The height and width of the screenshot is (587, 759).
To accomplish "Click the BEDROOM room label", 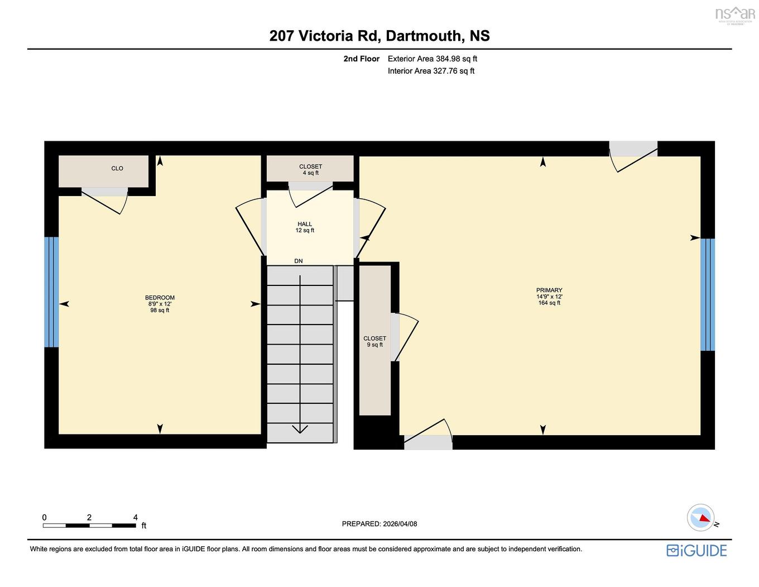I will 160,298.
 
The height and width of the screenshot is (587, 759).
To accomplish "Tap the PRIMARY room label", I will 549,290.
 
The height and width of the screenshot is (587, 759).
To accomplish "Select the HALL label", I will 305,225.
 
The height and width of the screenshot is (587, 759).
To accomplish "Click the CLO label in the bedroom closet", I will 117,169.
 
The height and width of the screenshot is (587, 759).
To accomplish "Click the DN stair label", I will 299,261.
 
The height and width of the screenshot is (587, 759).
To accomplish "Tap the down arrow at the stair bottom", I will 300,429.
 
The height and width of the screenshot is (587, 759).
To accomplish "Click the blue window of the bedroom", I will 51,292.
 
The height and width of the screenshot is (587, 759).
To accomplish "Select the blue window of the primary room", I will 708,294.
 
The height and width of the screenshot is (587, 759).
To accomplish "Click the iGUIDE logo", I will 696,550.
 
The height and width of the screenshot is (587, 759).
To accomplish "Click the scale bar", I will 89,526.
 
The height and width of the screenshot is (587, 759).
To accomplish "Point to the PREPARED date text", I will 379,524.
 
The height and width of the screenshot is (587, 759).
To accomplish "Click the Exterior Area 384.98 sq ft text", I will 433,59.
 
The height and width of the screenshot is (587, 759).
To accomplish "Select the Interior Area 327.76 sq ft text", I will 431,71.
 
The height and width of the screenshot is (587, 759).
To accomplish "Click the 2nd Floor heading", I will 361,59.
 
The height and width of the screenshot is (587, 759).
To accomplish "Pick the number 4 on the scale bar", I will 136,518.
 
